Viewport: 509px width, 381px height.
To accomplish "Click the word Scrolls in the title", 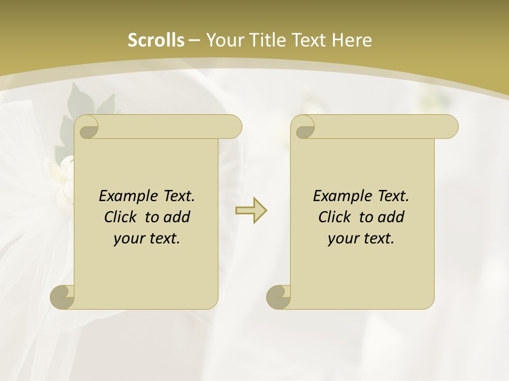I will pyautogui.click(x=156, y=40).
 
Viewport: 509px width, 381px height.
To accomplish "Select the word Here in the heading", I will pyautogui.click(x=351, y=40).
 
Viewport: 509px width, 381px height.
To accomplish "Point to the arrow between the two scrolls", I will pyautogui.click(x=251, y=211).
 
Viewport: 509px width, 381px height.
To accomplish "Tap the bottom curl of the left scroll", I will pyautogui.click(x=62, y=297).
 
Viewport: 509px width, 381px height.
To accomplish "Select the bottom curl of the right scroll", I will pyautogui.click(x=278, y=297).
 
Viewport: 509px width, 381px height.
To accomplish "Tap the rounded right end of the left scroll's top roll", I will pyautogui.click(x=233, y=127).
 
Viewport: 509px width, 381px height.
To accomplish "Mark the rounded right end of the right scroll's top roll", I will pyautogui.click(x=450, y=127).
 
